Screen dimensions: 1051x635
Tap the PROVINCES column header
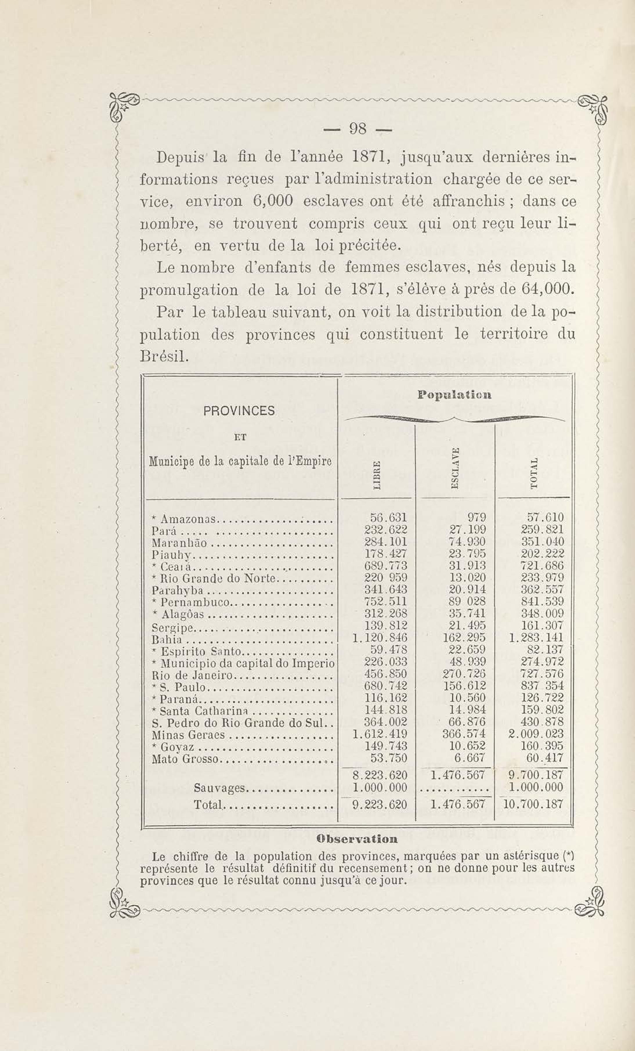point(239,411)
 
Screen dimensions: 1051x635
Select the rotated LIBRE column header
point(377,476)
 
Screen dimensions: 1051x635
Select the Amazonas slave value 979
point(476,518)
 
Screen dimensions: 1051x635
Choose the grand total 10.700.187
point(533,805)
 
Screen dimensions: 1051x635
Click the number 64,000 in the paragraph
point(546,290)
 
